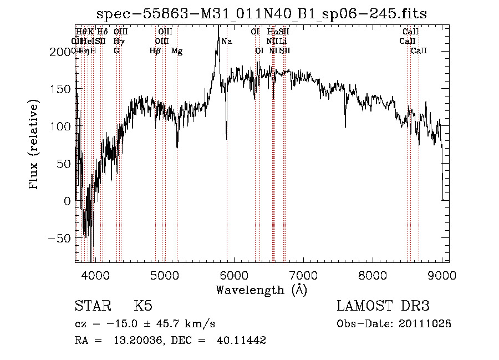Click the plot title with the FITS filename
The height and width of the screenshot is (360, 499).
coord(262,14)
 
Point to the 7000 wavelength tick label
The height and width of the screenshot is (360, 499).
coord(303,275)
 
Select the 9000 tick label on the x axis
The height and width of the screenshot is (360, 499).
coord(441,275)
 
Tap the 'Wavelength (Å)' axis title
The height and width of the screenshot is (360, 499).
coord(261,290)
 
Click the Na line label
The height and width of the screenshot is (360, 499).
coord(227,42)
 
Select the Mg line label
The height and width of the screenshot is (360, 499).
coord(177,51)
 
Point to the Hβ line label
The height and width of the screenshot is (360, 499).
coord(155,51)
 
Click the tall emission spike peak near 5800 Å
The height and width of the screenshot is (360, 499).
coord(218,28)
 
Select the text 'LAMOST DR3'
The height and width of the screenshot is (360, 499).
coord(383,306)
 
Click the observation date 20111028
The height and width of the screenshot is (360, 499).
coord(427,324)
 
